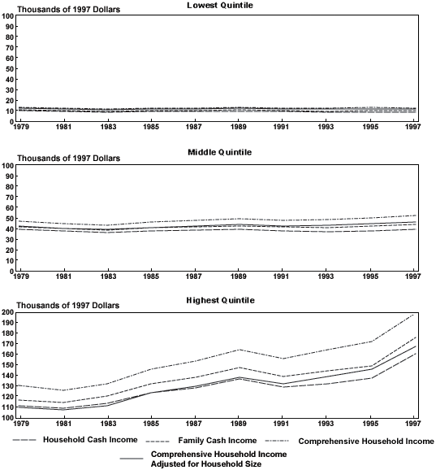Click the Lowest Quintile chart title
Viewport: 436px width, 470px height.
click(x=220, y=6)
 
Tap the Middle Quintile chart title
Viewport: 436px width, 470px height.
click(x=220, y=152)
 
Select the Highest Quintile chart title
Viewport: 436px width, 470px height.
click(x=220, y=300)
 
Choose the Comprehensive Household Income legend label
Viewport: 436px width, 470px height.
click(x=366, y=442)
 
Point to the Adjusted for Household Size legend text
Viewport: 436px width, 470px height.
click(x=206, y=464)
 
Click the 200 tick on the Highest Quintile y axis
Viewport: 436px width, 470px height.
click(x=7, y=312)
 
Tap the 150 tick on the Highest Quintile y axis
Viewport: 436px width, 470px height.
click(x=7, y=365)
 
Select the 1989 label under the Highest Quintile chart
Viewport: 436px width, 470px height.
click(x=238, y=424)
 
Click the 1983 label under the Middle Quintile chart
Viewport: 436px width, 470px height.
click(x=108, y=276)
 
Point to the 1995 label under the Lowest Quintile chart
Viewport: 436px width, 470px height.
click(x=370, y=127)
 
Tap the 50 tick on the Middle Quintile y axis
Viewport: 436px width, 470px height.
click(x=10, y=218)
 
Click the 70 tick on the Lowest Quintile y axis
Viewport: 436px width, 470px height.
click(x=10, y=48)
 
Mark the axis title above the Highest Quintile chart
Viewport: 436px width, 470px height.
click(x=68, y=306)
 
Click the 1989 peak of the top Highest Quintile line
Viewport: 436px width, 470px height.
click(x=239, y=350)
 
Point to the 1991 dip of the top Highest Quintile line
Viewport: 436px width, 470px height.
click(x=282, y=359)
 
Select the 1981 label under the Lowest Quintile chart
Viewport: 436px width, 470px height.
click(x=63, y=127)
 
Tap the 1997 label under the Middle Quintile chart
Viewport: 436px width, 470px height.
click(x=413, y=276)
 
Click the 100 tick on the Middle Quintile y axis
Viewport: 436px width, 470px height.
click(x=8, y=165)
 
